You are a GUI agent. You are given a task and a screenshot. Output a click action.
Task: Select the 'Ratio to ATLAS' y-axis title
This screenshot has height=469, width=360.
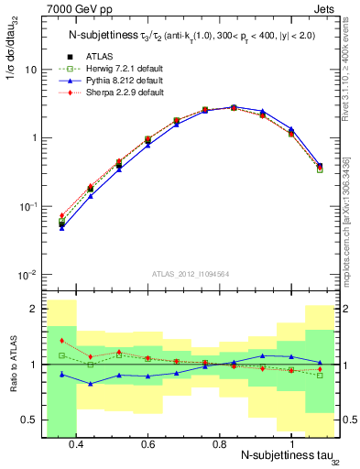tap(13, 364)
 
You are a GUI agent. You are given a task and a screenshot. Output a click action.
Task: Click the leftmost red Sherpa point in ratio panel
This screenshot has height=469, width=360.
tap(61, 341)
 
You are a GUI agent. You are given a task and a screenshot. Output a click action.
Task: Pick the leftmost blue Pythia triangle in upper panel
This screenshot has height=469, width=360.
tap(61, 227)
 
